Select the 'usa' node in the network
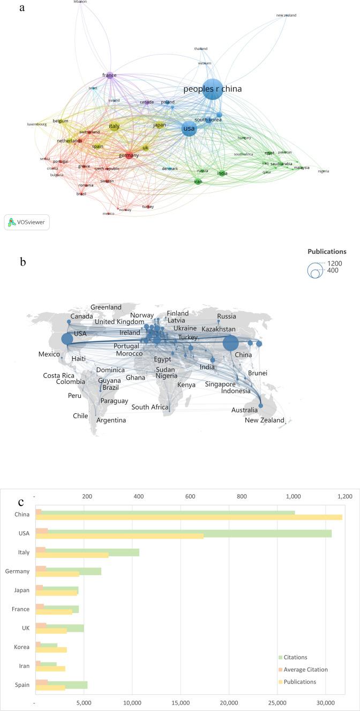coord(189,128)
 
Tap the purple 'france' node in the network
coord(109,75)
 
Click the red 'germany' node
coord(129,155)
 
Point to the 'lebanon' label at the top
coord(80,2)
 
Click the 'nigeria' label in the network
coord(323,171)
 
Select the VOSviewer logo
coord(27,222)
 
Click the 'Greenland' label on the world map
coord(106,307)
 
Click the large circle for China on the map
coord(230,343)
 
